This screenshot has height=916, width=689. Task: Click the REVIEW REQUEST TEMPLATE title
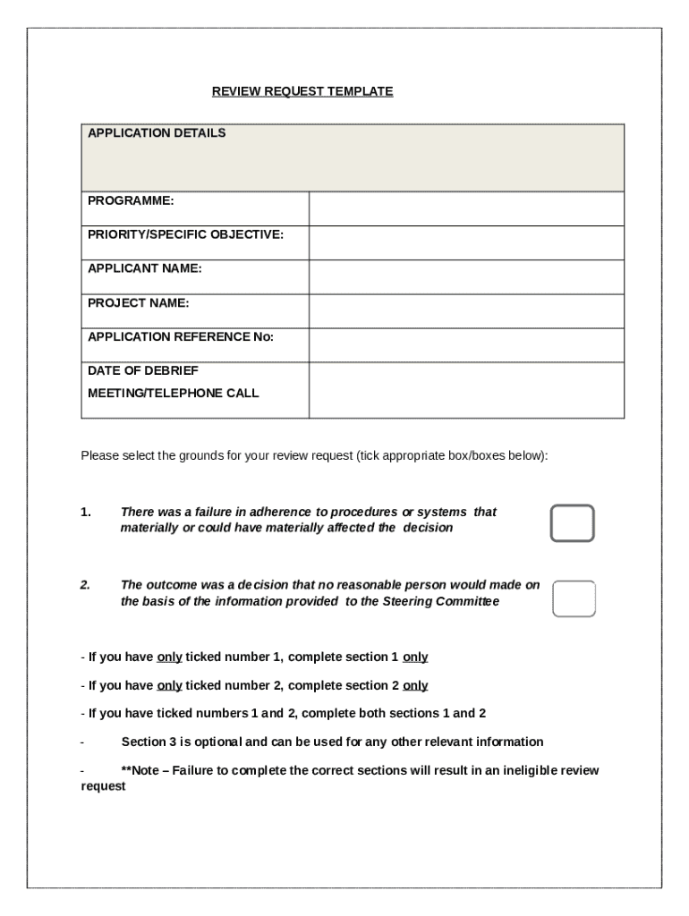(x=302, y=91)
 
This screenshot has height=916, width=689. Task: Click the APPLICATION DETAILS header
(x=157, y=133)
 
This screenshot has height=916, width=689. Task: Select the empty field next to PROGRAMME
(x=465, y=208)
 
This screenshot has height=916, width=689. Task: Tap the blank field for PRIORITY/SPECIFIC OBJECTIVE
(x=465, y=242)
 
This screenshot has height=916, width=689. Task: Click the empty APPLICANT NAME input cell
(x=465, y=276)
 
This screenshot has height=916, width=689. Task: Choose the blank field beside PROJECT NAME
(x=465, y=310)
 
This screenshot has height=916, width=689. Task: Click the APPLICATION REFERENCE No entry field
(x=465, y=344)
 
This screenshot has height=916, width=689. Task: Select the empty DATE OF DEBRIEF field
(x=465, y=389)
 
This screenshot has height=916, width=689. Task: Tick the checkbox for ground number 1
(x=573, y=523)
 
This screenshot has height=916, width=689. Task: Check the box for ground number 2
(x=574, y=598)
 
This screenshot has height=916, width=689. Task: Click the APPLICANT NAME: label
(x=145, y=268)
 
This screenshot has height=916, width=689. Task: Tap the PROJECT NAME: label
(x=139, y=302)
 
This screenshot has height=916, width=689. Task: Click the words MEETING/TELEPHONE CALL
(x=174, y=393)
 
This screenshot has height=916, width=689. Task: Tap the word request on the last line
(x=103, y=787)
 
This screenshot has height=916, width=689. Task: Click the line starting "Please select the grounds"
(x=314, y=455)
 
